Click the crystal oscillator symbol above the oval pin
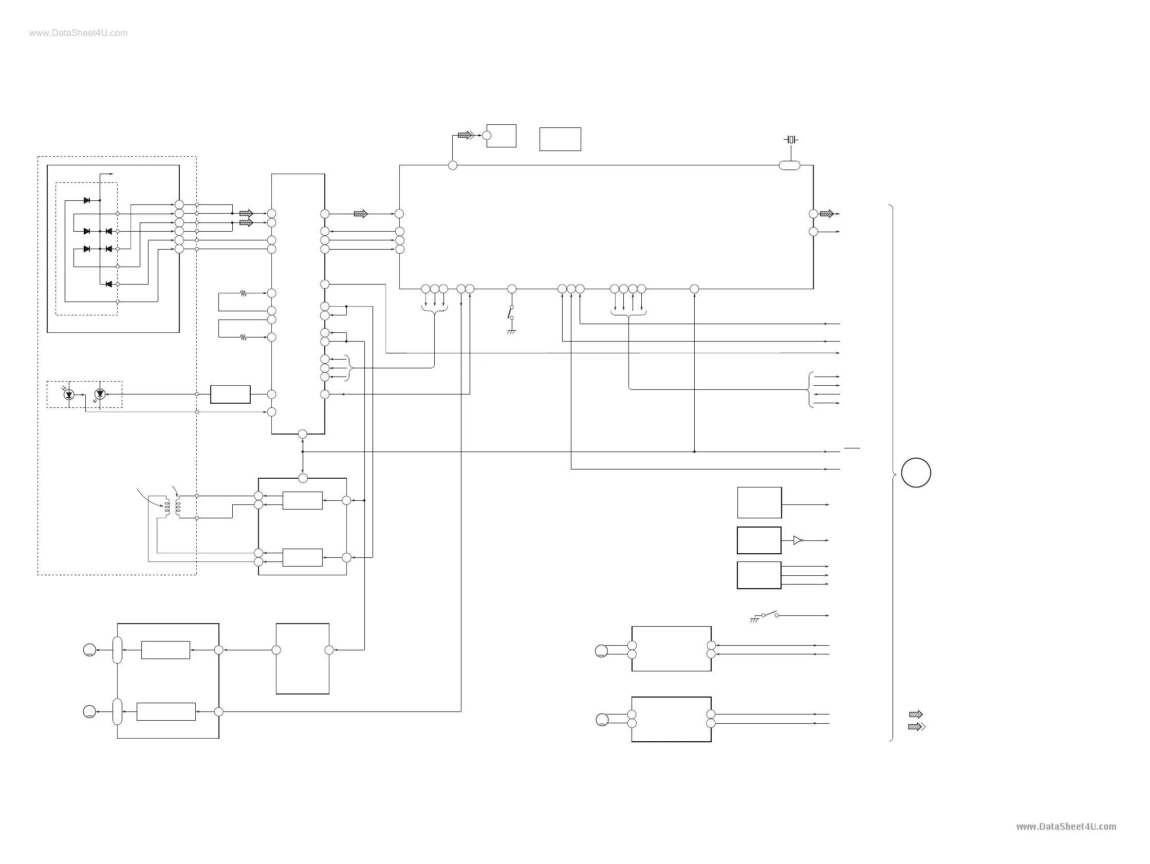[791, 139]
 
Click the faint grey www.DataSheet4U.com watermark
[79, 33]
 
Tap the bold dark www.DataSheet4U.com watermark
[1066, 827]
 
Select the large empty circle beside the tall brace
[916, 473]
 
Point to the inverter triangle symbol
[797, 541]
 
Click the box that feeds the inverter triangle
[758, 541]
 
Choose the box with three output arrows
[758, 575]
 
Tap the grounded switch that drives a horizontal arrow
[769, 615]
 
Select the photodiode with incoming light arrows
[69, 395]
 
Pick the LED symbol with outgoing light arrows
[100, 395]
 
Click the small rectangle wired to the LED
[230, 395]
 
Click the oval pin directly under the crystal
[789, 165]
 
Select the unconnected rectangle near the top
[560, 139]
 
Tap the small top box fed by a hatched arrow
[501, 136]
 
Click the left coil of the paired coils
[167, 508]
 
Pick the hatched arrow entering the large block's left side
[360, 214]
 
